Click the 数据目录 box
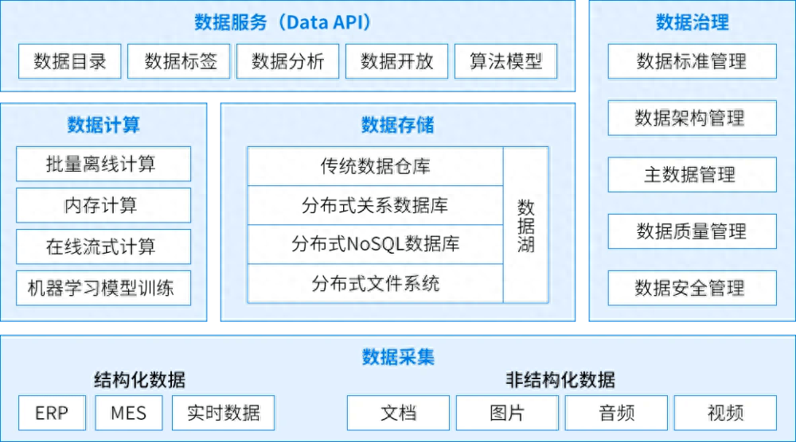click(x=69, y=61)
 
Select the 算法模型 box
click(x=506, y=61)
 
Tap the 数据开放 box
click(x=396, y=61)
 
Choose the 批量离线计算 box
click(x=103, y=164)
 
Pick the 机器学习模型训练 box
click(x=103, y=288)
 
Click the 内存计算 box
click(x=103, y=205)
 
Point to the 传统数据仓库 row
click(x=375, y=166)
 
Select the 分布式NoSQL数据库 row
click(x=375, y=243)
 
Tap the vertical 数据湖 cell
click(x=526, y=225)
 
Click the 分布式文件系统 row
click(x=375, y=283)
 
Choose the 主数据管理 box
click(x=691, y=175)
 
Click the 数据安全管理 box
click(x=691, y=288)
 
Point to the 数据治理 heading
click(x=692, y=22)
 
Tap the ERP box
click(x=52, y=413)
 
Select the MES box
click(x=129, y=413)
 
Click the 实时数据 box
click(x=223, y=413)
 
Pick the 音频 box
click(x=616, y=413)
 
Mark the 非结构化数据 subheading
click(x=560, y=380)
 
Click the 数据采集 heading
click(x=398, y=356)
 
